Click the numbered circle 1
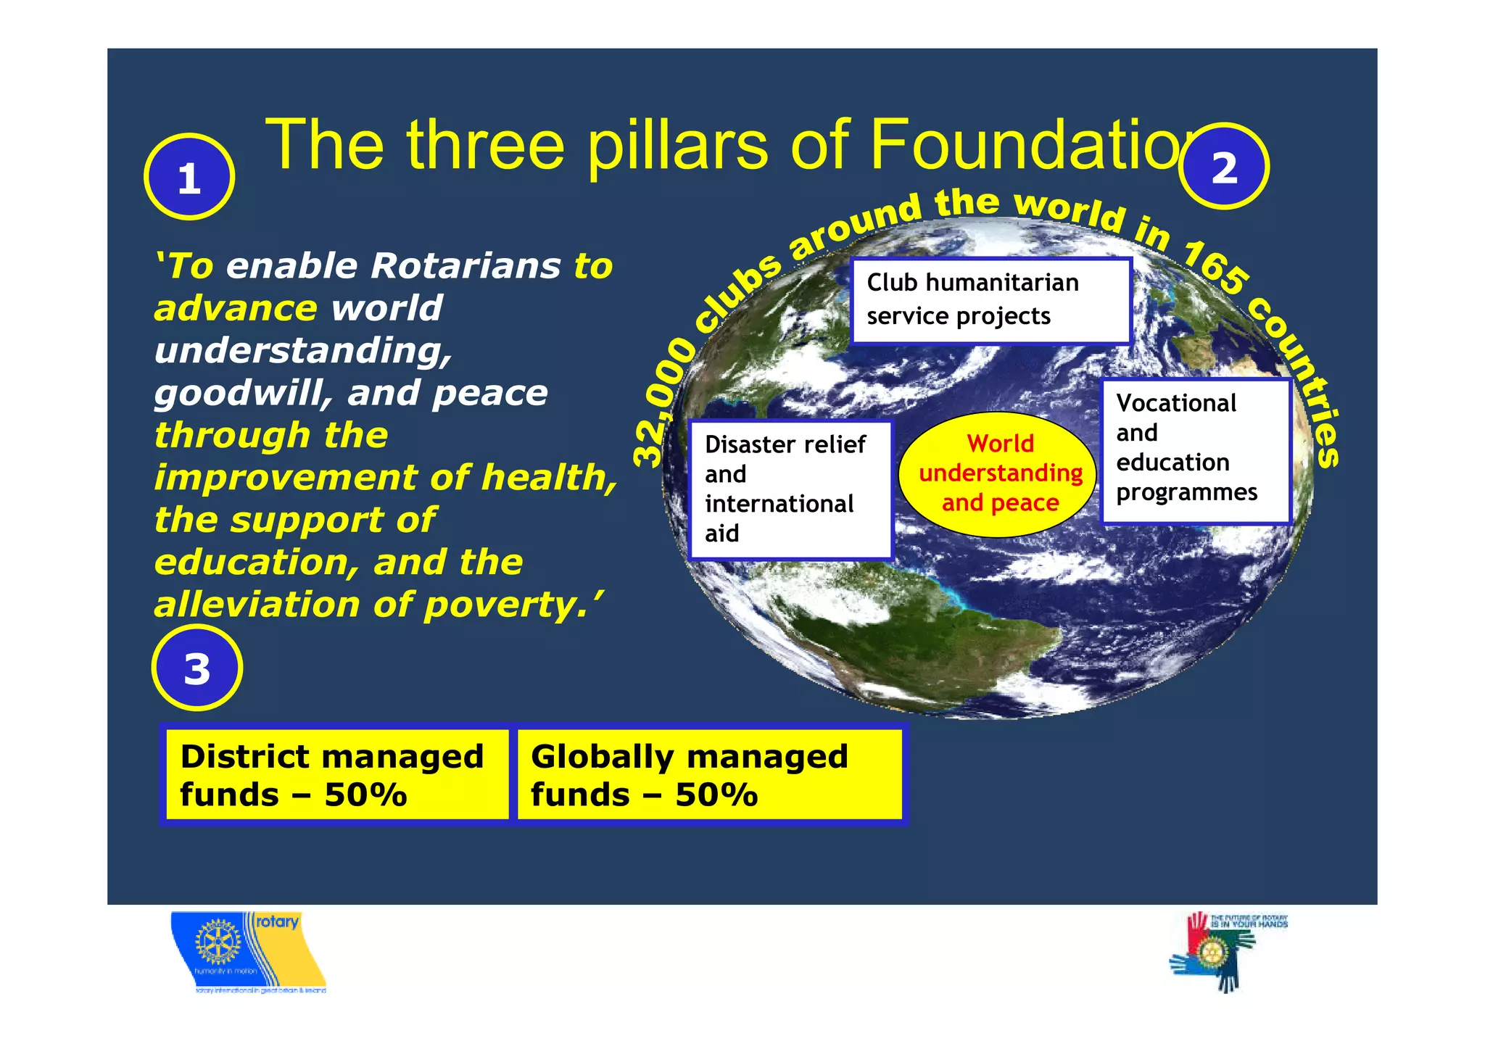tap(189, 177)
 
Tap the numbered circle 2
tap(1223, 167)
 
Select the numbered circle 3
tap(197, 668)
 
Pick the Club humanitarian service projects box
tap(990, 300)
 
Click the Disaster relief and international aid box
tap(790, 489)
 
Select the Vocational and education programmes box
tap(1195, 449)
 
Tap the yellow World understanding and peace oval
tap(999, 474)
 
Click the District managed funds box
tap(335, 774)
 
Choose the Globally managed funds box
tap(709, 774)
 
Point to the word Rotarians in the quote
tap(466, 266)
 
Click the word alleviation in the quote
tap(257, 605)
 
